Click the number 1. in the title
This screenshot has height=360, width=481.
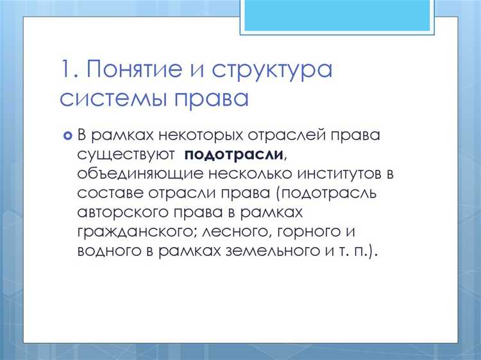coord(69,69)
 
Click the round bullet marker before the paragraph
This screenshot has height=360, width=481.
coord(67,135)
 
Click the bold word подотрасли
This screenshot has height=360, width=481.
coord(234,155)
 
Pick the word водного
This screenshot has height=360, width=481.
coord(106,250)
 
